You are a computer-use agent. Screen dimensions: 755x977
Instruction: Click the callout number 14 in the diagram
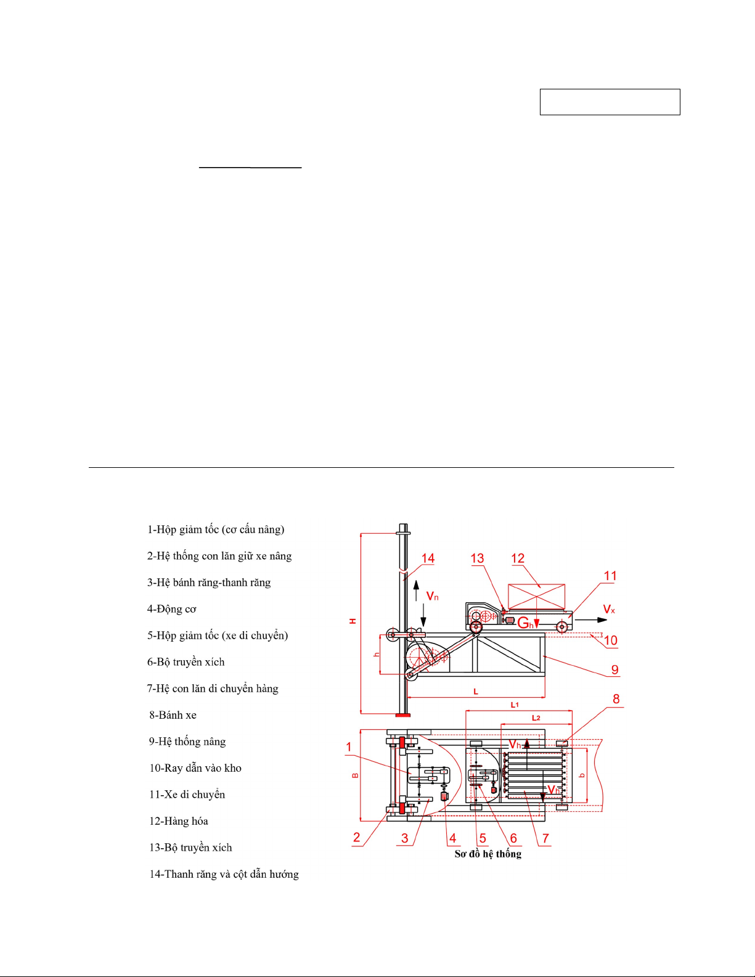[428, 558]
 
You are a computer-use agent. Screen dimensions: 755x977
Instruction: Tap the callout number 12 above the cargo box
[518, 558]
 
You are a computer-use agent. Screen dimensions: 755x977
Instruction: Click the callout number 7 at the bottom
[545, 838]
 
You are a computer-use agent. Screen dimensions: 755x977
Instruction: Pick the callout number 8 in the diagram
[616, 698]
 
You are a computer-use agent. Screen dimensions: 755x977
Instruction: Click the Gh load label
[526, 623]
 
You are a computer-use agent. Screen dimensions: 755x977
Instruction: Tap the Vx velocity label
[609, 610]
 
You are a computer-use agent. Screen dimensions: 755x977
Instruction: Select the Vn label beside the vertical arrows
[432, 597]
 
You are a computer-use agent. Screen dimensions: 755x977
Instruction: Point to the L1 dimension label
[515, 705]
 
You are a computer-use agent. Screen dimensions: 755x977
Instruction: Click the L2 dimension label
[536, 718]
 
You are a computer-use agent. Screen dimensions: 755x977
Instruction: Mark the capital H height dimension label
[353, 621]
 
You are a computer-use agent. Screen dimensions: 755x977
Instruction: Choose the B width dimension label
[355, 775]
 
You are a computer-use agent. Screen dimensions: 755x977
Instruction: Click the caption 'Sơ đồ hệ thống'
[488, 854]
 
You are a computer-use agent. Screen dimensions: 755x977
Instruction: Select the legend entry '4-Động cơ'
[172, 609]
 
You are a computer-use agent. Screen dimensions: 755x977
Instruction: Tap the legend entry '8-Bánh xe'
[173, 715]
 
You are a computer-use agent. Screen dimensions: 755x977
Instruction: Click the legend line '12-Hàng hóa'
[178, 822]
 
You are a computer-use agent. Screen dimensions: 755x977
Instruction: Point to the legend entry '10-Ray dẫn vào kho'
[195, 769]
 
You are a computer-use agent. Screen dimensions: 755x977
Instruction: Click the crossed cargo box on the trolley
[536, 597]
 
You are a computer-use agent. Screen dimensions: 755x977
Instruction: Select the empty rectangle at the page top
[610, 102]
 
